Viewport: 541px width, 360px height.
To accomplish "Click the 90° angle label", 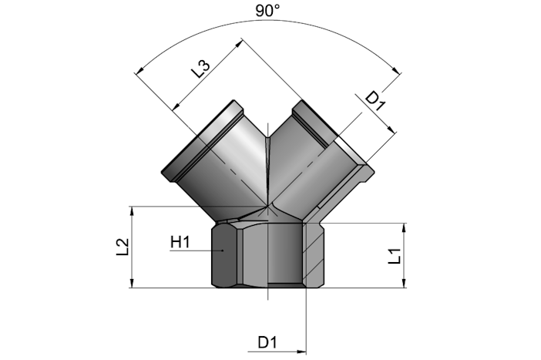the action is (267, 10).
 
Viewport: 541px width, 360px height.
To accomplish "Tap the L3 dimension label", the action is (200, 69).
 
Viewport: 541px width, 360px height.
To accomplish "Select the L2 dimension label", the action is (122, 247).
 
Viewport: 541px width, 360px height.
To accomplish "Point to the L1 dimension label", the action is (395, 256).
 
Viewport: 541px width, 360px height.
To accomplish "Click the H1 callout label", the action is (180, 242).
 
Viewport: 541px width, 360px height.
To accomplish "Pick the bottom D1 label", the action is (267, 342).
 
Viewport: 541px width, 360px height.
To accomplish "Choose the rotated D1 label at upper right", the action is (375, 102).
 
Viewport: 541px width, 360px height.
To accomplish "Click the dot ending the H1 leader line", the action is (223, 251).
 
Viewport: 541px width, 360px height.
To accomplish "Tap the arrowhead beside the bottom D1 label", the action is (301, 352).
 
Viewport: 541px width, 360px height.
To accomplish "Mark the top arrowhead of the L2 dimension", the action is (132, 210).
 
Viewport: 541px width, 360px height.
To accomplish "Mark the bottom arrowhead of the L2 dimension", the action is (132, 283).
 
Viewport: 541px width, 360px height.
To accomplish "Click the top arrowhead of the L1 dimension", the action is (405, 228).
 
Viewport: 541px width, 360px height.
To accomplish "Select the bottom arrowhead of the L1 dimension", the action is (405, 283).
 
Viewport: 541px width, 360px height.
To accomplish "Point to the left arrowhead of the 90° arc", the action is (139, 70).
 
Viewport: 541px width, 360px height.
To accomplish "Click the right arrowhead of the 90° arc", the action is (398, 70).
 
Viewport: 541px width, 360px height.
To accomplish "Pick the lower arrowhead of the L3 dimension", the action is (176, 106).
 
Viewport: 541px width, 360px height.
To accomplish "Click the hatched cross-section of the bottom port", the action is (314, 255).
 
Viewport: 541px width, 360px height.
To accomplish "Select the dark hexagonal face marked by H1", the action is (224, 255).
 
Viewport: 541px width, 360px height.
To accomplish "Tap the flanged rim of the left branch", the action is (200, 139).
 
